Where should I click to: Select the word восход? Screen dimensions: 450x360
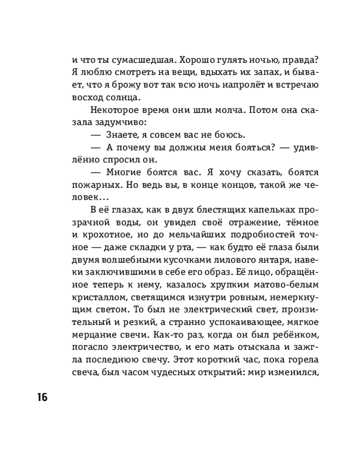(x=85, y=97)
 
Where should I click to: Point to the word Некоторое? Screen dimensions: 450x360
(x=112, y=109)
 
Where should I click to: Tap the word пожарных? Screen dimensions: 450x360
(x=93, y=184)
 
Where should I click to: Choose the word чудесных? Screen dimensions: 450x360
(x=187, y=372)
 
